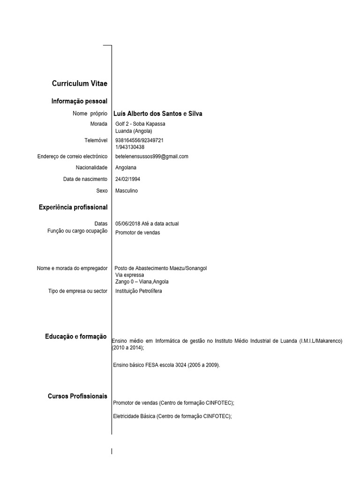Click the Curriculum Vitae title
80,83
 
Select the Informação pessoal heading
79,101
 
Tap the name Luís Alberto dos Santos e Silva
158,114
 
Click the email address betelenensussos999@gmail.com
151,157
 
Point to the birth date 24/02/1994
127,179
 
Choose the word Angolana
127,168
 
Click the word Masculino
127,191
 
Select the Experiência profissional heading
73,207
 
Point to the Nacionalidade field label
91,168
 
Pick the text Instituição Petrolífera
139,291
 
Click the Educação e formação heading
76,337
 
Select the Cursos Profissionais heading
77,397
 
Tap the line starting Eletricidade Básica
172,416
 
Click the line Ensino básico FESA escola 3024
166,365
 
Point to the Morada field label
98,124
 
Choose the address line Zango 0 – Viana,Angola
142,282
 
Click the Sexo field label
102,191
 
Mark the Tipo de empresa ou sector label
78,291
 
